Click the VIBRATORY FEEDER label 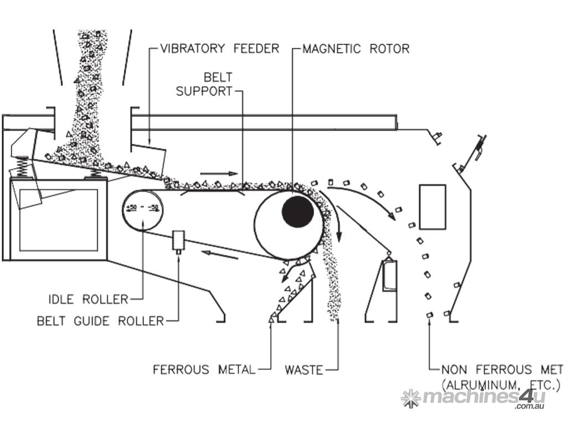tap(220, 49)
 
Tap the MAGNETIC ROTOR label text tap(356, 49)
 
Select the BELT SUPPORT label tap(204, 84)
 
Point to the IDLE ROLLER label tap(89, 299)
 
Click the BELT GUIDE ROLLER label tap(100, 320)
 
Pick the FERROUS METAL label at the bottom tap(204, 369)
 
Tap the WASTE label tap(303, 369)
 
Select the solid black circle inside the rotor tap(297, 211)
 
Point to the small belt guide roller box tap(178, 240)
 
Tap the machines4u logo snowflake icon tap(411, 398)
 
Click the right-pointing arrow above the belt tap(214, 173)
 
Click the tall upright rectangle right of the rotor tap(432, 206)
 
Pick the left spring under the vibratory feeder tap(20, 164)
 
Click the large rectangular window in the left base tap(59, 220)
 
